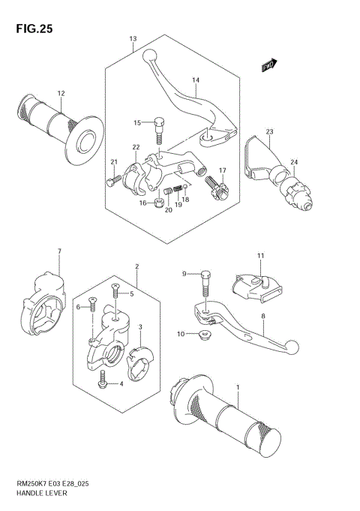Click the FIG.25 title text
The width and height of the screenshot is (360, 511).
point(31,29)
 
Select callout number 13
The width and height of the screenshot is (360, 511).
point(133,38)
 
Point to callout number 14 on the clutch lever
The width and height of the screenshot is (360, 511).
point(195,80)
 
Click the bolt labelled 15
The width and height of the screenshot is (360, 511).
point(159,130)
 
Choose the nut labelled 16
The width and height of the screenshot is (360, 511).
point(159,203)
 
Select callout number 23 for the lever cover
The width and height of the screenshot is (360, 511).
point(268,131)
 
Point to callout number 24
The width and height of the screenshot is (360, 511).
point(295,163)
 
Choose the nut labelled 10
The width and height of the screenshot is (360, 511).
point(202,335)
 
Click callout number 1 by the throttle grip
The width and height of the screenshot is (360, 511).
point(238,387)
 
